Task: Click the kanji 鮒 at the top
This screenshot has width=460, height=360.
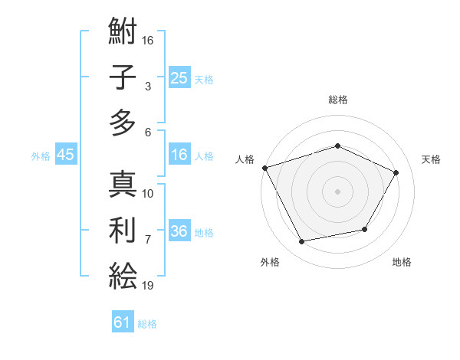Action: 123,33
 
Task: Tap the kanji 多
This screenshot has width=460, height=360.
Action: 123,122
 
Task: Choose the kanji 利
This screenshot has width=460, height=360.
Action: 123,230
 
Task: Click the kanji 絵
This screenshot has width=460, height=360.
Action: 123,274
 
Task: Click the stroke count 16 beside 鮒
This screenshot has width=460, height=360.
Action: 149,40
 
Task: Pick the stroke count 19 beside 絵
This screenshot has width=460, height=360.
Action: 149,285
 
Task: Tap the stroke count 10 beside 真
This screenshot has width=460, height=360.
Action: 149,193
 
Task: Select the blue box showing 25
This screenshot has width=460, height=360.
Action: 179,78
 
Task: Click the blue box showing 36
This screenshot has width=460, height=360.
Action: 179,231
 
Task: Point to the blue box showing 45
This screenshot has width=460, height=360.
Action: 65,155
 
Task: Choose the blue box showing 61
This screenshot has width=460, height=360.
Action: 123,322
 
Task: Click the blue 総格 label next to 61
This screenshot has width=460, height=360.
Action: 147,323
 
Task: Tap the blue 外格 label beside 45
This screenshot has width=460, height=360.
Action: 41,155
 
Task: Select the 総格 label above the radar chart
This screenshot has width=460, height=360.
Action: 337,100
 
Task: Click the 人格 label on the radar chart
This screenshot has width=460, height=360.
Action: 245,159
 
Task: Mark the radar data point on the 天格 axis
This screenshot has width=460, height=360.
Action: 396,172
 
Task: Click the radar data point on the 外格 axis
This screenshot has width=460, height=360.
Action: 302,242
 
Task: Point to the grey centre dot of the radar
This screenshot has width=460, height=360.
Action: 337,191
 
